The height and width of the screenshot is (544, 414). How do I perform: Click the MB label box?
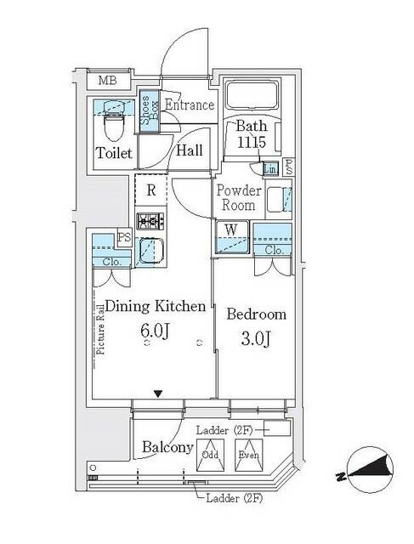pos(108,82)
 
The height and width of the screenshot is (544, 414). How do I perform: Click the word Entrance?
pos(188,105)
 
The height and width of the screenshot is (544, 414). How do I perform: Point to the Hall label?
pos(190,150)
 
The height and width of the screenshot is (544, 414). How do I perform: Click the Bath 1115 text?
pos(252,137)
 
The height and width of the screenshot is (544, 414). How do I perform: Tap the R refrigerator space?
pos(150,190)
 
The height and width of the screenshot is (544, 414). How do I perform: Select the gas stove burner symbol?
pos(150,223)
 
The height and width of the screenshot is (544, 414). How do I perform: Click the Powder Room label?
pos(238,198)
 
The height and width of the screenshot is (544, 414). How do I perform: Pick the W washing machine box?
pos(230,229)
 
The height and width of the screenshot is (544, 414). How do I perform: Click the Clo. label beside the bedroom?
pos(274,250)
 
